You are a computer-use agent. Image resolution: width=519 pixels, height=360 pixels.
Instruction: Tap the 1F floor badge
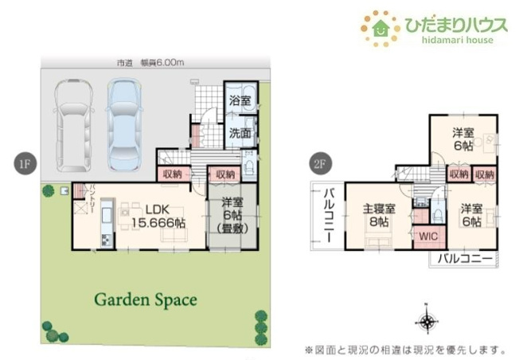coord(23,164)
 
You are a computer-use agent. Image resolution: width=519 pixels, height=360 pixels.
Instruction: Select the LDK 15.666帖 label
coord(158,217)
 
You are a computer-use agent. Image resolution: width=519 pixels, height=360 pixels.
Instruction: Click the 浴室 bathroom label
coord(240,101)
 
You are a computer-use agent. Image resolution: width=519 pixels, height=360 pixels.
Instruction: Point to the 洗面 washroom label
coord(240,132)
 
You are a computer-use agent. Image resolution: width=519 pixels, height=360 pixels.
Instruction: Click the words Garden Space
coord(145,300)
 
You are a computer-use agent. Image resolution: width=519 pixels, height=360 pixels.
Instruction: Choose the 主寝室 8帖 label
coord(379,215)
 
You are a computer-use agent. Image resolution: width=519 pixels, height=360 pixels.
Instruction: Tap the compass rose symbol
coord(427,322)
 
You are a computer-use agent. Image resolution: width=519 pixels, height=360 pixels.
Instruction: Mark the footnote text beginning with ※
coord(405,350)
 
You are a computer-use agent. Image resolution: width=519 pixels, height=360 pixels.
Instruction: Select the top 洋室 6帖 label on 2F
coord(463,138)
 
